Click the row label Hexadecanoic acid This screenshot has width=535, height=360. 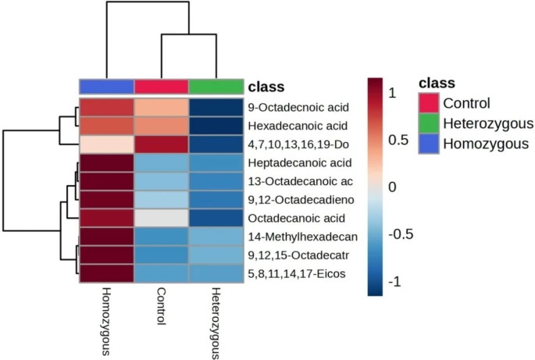tap(298, 126)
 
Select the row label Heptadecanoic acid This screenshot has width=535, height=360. tap(300, 162)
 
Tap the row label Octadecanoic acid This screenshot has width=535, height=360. tap(297, 218)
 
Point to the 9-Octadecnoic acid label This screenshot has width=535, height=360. tap(298, 108)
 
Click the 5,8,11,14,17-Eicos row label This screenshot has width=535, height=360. tap(297, 273)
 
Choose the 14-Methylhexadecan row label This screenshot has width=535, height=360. tap(302, 237)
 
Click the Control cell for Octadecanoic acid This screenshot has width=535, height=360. tap(162, 218)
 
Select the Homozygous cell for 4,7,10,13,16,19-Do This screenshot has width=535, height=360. tap(107, 144)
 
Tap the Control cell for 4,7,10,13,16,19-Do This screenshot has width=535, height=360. tap(162, 144)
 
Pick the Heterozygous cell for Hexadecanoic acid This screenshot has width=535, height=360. tap(216, 126)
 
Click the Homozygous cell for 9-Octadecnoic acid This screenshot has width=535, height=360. tap(107, 108)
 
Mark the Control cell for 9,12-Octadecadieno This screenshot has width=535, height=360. tap(162, 200)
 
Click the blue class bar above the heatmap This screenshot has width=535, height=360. tap(107, 87)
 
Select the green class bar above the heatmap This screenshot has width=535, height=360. tap(216, 87)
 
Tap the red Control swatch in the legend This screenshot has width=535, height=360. tap(429, 103)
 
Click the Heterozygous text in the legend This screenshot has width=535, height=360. tap(488, 123)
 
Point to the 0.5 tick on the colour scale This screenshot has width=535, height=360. tap(398, 140)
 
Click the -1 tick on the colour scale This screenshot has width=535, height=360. tap(394, 282)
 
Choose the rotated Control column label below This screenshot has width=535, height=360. tap(161, 306)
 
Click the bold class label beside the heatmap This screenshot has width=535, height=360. tap(266, 87)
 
